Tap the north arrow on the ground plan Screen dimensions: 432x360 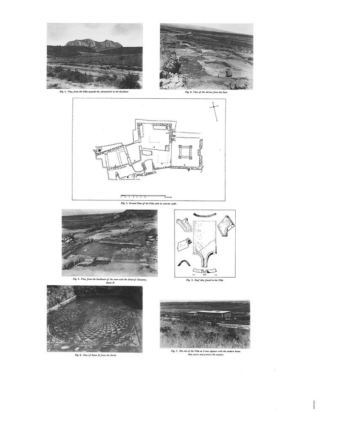(x=214, y=111)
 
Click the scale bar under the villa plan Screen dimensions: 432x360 (x=143, y=195)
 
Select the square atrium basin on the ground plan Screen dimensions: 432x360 (x=185, y=152)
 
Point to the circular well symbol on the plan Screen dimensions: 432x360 (x=99, y=150)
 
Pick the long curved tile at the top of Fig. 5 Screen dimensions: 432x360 (x=204, y=215)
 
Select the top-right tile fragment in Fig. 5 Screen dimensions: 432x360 (x=226, y=225)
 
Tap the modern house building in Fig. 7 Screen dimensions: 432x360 (x=213, y=314)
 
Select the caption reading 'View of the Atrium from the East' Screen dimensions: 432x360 (x=206, y=92)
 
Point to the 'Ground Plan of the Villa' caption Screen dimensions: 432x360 (x=148, y=203)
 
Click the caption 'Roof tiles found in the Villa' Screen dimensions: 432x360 (x=204, y=280)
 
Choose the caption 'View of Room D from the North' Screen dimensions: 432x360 (x=95, y=355)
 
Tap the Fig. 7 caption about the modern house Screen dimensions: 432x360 (x=205, y=353)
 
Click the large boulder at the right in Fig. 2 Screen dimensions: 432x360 (x=229, y=73)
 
